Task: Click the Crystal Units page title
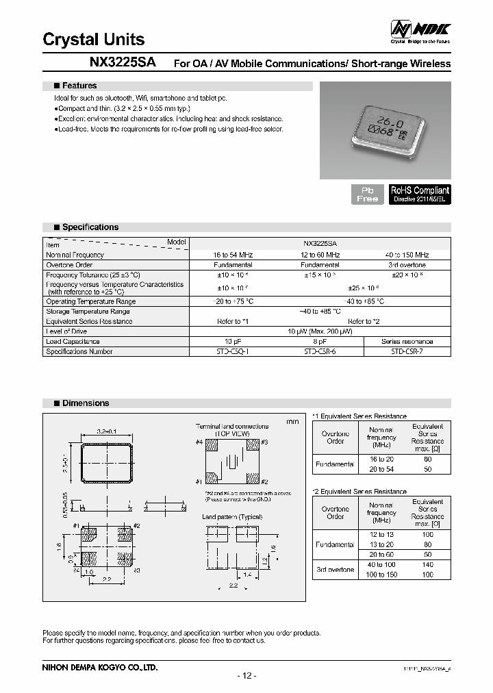coord(94,39)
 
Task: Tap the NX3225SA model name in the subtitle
coord(123,62)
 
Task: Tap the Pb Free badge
coord(368,194)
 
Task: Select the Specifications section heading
coord(90,227)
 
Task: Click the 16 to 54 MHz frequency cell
coord(233,255)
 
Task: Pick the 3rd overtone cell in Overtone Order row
coord(407,264)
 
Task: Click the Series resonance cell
coord(407,341)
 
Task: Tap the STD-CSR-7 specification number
coord(407,351)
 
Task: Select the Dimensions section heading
coord(85,404)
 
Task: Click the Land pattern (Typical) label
coord(232,516)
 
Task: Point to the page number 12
coord(246,676)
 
